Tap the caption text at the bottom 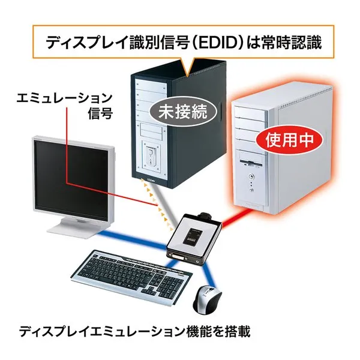[134, 331]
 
